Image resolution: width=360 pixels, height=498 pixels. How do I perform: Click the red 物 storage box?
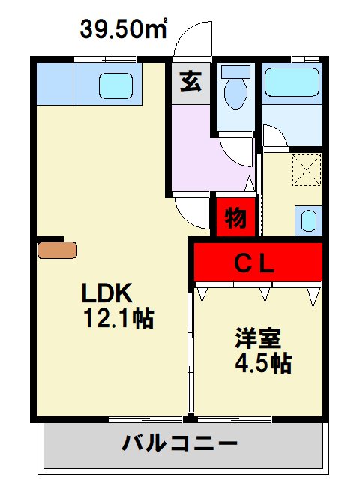pyautogui.click(x=235, y=218)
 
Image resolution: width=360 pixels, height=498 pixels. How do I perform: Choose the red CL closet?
pyautogui.click(x=258, y=262)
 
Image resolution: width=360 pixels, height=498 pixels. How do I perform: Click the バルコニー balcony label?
pyautogui.click(x=180, y=443)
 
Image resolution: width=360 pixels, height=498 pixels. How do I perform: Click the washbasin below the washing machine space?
pyautogui.click(x=309, y=220)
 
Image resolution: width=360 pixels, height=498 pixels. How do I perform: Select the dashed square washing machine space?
pyautogui.click(x=307, y=169)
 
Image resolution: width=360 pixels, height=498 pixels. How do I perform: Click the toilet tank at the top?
pyautogui.click(x=236, y=72)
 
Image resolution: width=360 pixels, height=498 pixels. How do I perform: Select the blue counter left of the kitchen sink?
pyautogui.click(x=54, y=84)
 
